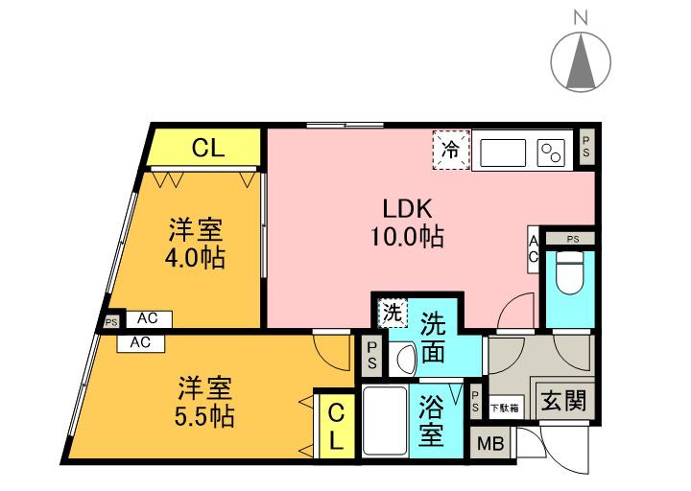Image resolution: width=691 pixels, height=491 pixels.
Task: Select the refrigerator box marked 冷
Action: [x=450, y=150]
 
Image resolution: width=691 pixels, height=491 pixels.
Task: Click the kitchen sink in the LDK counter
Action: [x=503, y=152]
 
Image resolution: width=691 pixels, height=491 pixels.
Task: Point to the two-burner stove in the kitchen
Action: [x=551, y=152]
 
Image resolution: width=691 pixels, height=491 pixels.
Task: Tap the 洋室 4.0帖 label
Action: [x=197, y=244]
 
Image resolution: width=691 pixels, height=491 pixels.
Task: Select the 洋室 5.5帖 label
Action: [x=204, y=403]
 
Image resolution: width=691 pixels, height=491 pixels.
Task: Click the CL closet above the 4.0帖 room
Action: [x=208, y=148]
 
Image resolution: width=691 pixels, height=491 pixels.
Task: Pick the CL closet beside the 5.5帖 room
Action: [x=336, y=427]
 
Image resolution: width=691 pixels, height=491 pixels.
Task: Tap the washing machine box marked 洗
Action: [x=392, y=312]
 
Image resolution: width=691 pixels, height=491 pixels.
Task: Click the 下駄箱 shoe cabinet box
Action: [x=507, y=407]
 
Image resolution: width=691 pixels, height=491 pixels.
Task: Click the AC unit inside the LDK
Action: [x=533, y=251]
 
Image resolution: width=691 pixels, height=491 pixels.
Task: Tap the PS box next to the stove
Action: [x=586, y=148]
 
